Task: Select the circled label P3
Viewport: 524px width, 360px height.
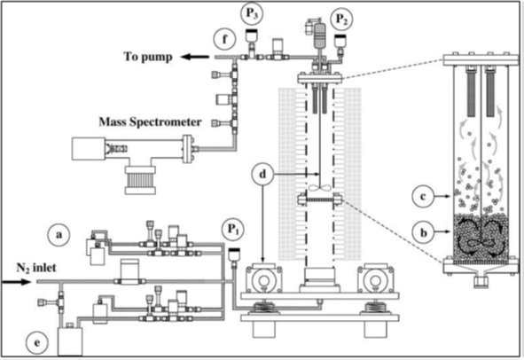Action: coord(252,13)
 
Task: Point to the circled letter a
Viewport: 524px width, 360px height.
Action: coord(59,235)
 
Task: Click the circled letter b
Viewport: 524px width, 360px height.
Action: coord(424,232)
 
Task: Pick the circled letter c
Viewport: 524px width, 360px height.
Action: coord(424,196)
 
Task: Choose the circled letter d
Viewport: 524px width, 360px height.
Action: coord(263,174)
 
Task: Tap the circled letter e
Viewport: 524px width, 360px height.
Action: coord(36,343)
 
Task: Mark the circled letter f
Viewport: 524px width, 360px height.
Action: coord(224,39)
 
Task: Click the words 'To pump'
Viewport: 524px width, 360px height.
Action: coord(148,57)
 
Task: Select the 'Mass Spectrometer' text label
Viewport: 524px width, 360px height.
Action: coord(150,121)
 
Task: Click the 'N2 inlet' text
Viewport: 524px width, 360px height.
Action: coord(36,268)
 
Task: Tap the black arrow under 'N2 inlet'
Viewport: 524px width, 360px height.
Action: coord(16,282)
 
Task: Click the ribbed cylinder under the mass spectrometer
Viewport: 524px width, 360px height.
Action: coord(140,180)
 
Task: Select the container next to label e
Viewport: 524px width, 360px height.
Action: coord(70,340)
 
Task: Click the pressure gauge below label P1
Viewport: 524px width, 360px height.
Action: coord(234,255)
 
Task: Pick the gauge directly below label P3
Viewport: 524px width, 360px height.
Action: coord(251,41)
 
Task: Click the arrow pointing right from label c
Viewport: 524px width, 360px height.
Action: coord(442,197)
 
